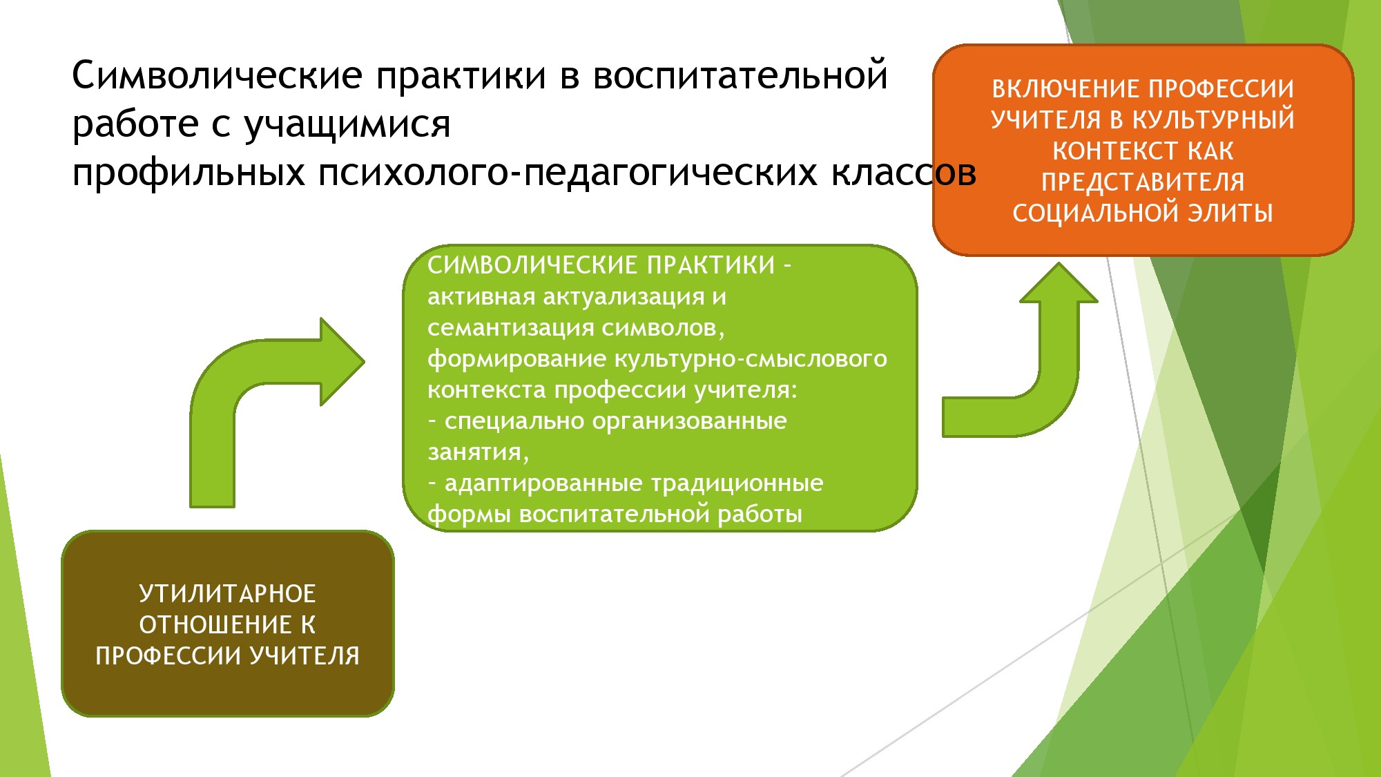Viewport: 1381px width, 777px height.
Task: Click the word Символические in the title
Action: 217,75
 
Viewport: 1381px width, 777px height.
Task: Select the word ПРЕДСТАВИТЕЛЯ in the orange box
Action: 1143,182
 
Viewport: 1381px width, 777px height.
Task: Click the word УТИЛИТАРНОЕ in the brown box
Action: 227,594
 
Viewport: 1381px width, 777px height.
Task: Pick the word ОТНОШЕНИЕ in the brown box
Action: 215,625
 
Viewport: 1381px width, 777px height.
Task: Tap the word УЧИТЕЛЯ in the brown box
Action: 305,656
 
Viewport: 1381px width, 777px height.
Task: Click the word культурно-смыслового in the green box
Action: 751,359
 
